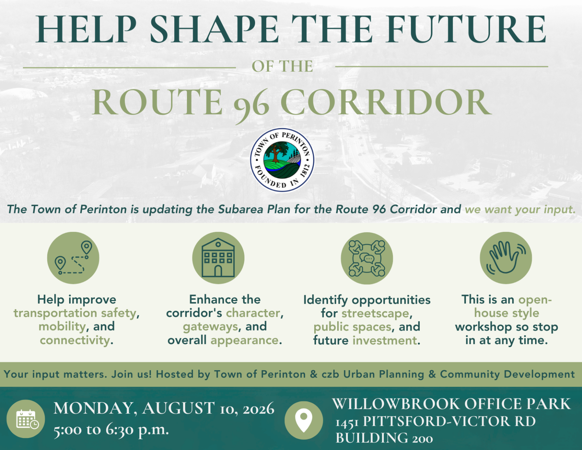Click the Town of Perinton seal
click(x=282, y=160)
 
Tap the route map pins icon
click(x=73, y=258)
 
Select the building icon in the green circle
click(x=218, y=258)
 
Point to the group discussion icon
click(x=367, y=258)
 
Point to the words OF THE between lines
click(x=282, y=66)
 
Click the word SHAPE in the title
click(x=214, y=29)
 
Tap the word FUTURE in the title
click(x=466, y=29)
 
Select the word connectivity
click(x=75, y=340)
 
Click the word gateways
click(x=211, y=327)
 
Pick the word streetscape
click(x=375, y=313)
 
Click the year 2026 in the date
click(x=259, y=409)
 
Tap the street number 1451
click(x=347, y=422)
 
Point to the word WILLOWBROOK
click(x=396, y=404)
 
